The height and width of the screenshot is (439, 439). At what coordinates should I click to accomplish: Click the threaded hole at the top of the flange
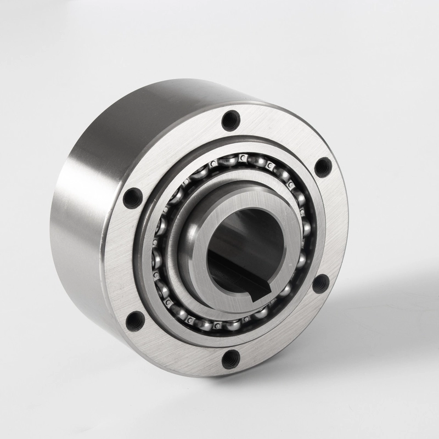point(230,119)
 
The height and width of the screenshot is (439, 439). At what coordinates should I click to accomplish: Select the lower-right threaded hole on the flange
point(320,284)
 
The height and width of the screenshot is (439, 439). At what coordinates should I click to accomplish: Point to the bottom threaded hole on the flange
point(231,358)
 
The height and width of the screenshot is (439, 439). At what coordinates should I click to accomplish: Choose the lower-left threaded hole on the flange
point(135,320)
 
